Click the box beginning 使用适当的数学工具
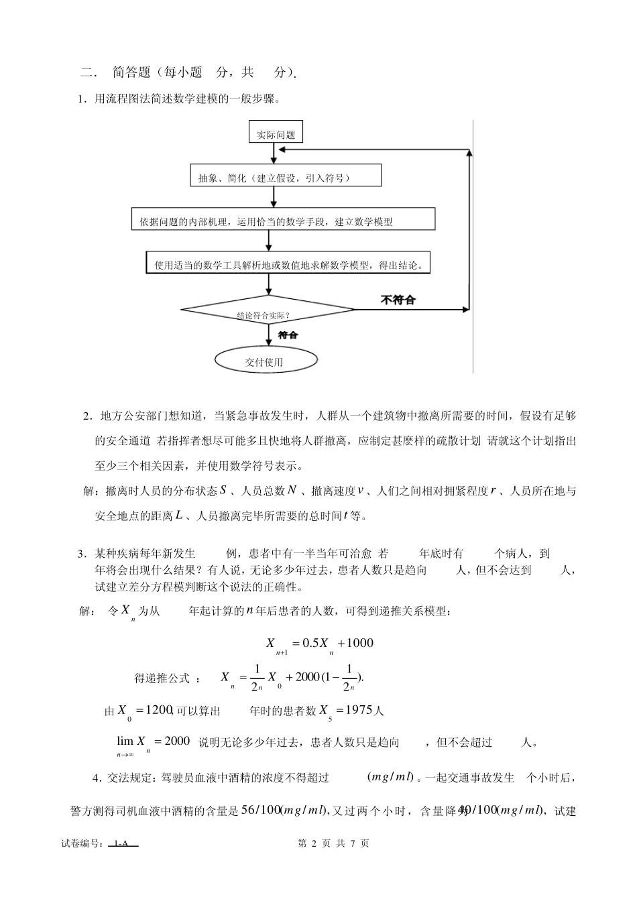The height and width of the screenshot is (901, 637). [288, 264]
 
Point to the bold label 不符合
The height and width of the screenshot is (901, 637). [398, 300]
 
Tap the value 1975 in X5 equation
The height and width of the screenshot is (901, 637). [358, 711]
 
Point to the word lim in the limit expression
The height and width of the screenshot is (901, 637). [125, 741]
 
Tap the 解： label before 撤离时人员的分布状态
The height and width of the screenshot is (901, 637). [92, 491]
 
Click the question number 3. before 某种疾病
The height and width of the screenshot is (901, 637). [82, 554]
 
